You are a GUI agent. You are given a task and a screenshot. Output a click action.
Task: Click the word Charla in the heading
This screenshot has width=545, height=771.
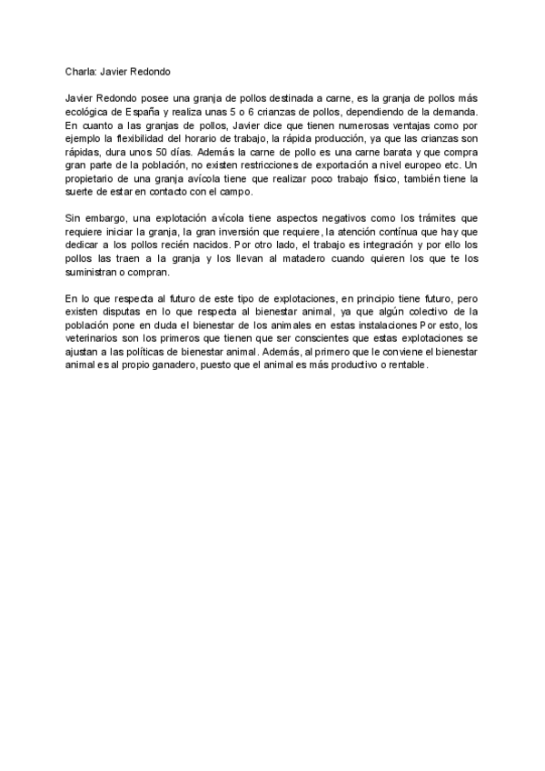[x=81, y=72]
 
